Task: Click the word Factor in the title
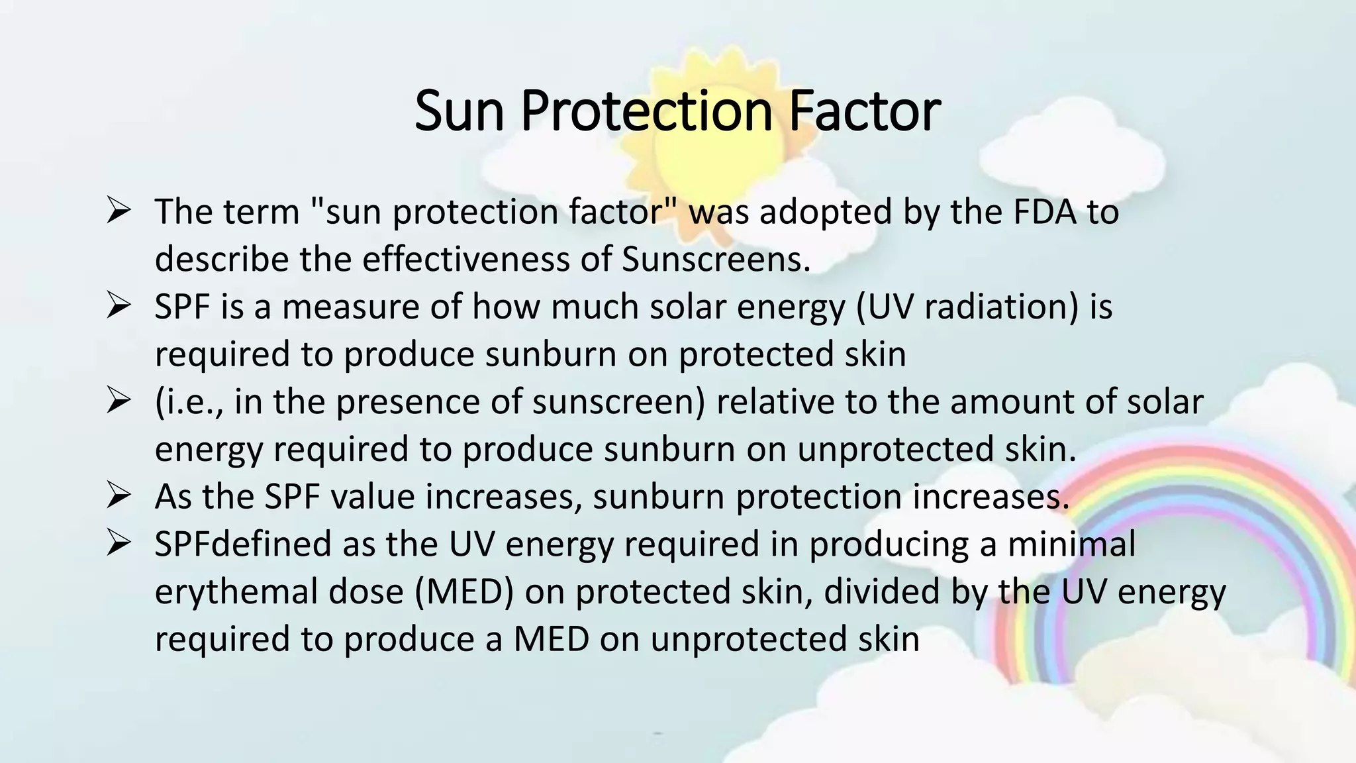point(864,111)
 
